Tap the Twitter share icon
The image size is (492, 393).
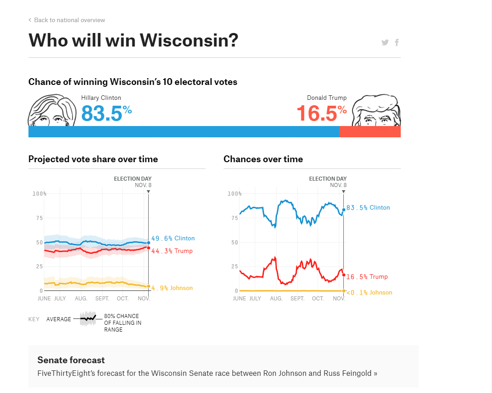(385, 42)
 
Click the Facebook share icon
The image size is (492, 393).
(397, 42)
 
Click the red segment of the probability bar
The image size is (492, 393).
(370, 131)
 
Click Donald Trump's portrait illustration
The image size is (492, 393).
(376, 111)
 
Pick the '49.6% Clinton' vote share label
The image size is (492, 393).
(173, 239)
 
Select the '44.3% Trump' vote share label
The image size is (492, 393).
(172, 251)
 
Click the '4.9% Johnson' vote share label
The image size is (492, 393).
(172, 288)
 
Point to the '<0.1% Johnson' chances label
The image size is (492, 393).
(369, 293)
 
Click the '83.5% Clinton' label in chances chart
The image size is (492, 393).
(368, 208)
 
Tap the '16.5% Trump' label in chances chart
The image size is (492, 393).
(367, 277)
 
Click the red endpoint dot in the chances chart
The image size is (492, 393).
(344, 275)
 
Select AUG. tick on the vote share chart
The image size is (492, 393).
(81, 299)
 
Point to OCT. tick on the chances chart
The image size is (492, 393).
(318, 299)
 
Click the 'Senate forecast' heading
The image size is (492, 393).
(71, 360)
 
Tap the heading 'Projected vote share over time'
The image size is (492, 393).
(93, 159)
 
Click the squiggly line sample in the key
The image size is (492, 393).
(88, 319)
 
